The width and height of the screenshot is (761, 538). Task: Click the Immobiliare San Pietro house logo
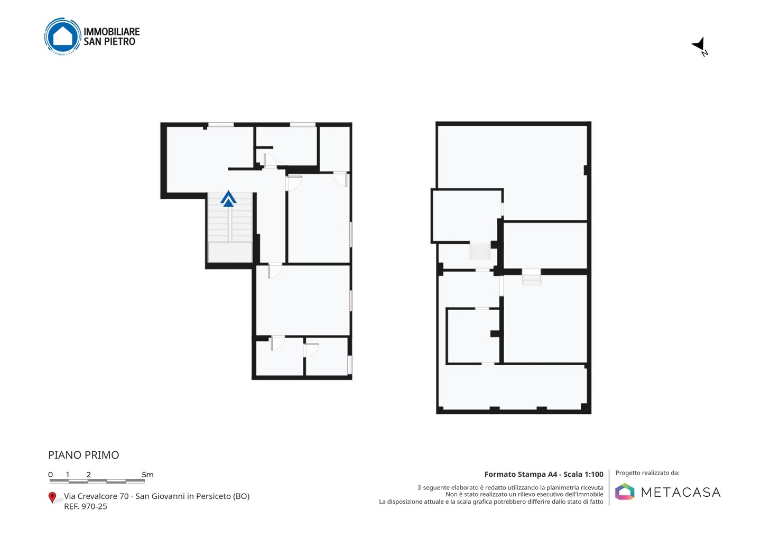63,36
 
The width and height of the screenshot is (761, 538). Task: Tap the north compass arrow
699,45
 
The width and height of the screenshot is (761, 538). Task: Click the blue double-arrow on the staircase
228,199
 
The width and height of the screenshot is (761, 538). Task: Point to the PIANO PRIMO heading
83,455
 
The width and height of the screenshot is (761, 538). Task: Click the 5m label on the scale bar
147,475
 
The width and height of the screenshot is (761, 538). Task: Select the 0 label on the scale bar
51,475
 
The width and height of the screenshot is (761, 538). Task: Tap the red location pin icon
52,498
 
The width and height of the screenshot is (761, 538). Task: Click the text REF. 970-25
86,506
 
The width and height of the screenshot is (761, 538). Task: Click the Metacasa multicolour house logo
625,491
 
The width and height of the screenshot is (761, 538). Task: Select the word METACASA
681,492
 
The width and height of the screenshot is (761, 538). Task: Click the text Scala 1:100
583,474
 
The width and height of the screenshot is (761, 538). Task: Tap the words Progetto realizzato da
647,473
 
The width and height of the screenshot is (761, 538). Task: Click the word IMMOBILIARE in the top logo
112,32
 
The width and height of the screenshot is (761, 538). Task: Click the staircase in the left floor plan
230,227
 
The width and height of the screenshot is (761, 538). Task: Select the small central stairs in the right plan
480,252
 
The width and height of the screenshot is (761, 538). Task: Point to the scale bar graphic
97,481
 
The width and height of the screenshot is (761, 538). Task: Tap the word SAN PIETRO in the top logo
109,42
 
